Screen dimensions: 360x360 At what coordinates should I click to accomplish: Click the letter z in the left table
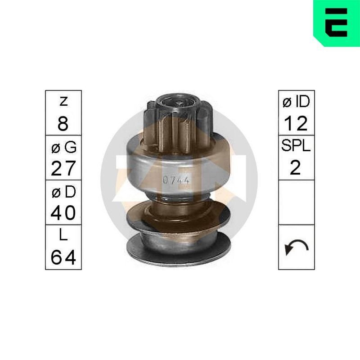click(x=63, y=102)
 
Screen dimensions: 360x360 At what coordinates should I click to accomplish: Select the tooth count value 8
click(x=63, y=123)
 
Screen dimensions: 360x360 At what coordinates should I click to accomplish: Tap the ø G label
click(x=63, y=147)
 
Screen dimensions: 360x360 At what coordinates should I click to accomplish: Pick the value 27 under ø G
click(x=63, y=168)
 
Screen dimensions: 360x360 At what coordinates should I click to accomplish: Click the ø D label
click(x=63, y=192)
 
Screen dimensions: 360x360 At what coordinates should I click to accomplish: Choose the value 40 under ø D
click(x=63, y=213)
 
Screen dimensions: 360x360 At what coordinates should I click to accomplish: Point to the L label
click(x=63, y=234)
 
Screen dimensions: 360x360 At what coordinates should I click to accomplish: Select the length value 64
click(x=63, y=257)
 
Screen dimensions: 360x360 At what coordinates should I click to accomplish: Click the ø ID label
click(x=296, y=102)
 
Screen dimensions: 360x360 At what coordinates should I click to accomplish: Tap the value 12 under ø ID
click(x=296, y=123)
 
